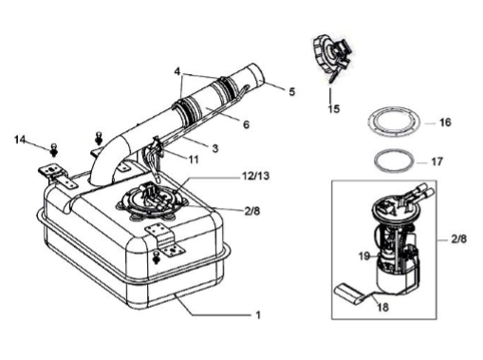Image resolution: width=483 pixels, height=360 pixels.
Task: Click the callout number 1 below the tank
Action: pos(258,315)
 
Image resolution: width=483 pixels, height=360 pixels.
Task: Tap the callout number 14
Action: pos(20,140)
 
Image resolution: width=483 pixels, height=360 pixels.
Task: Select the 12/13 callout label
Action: pos(255,176)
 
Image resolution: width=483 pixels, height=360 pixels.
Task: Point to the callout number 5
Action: pos(291,91)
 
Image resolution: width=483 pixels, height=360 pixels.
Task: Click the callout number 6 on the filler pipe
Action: pos(246,124)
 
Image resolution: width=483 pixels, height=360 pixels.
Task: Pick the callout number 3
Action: pos(215,148)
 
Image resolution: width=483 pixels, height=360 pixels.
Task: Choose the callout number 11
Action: pos(194,160)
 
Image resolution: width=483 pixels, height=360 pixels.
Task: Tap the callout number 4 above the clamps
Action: pos(177,71)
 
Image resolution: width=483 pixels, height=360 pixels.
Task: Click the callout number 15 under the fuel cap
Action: pos(334,109)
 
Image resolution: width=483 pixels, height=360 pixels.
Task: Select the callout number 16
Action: pos(445,123)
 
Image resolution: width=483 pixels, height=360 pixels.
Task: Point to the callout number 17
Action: pos(437,161)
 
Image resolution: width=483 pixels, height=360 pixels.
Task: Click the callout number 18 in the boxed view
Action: pos(383,307)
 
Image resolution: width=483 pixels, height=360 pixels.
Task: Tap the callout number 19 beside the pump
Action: pos(364,256)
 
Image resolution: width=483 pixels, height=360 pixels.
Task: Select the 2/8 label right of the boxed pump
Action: pos(458,239)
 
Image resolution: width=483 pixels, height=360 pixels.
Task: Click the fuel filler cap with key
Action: pos(332,59)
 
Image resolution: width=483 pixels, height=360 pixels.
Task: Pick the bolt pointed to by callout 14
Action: pos(54,149)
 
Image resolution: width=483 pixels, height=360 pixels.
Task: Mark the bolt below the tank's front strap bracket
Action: pos(156,257)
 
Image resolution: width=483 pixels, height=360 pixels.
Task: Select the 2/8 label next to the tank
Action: pos(252,211)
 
